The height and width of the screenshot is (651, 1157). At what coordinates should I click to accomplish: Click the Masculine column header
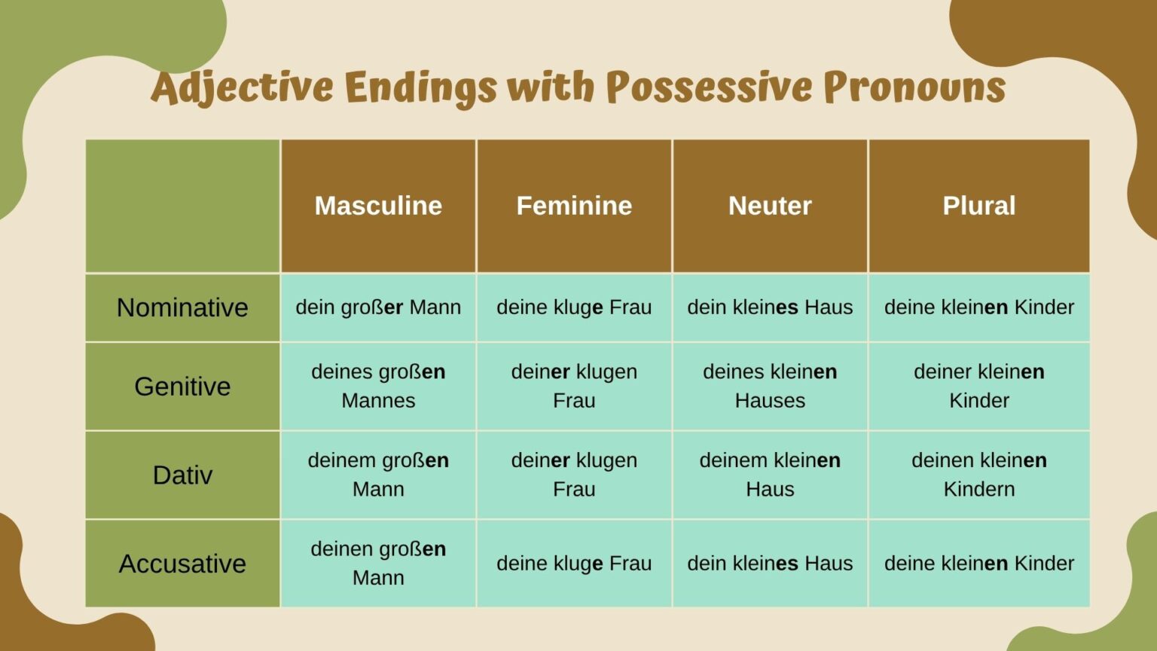pos(378,206)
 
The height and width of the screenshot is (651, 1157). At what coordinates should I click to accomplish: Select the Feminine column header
pos(574,206)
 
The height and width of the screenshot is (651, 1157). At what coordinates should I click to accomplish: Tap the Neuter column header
pos(770,206)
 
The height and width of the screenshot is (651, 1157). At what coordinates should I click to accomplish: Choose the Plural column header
pos(978,206)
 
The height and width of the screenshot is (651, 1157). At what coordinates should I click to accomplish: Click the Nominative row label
pos(182,307)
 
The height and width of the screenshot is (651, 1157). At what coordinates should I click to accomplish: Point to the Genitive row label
pos(182,387)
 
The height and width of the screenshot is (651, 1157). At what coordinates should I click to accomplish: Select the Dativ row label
pos(182,475)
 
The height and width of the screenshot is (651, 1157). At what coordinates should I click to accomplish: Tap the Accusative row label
pos(182,564)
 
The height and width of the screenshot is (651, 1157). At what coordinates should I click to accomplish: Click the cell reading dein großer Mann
pos(378,307)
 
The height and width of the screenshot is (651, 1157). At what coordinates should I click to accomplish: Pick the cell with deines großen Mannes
pos(378,386)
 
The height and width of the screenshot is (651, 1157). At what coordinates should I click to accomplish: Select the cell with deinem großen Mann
pos(378,475)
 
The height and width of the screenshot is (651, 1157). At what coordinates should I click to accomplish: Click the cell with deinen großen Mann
pos(378,563)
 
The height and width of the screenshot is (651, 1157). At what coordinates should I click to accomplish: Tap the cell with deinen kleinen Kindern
pos(978,475)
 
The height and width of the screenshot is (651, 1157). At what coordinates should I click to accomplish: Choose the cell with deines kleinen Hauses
pos(770,386)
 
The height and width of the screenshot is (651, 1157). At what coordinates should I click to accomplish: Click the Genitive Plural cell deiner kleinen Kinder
pos(978,386)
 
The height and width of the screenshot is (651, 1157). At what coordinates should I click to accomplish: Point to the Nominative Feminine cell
pos(574,307)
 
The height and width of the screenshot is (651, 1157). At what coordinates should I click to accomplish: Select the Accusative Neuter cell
pos(770,564)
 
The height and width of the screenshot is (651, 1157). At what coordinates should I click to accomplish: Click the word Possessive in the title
pos(709,87)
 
